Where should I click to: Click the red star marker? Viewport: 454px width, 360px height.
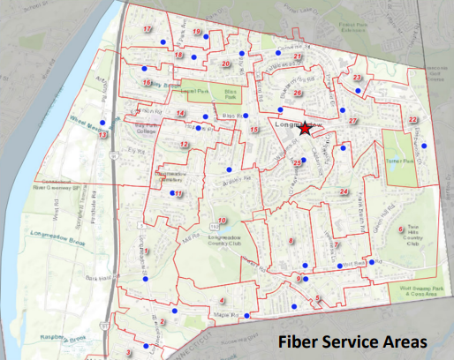point(305,129)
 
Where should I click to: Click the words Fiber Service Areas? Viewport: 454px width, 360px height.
point(352,341)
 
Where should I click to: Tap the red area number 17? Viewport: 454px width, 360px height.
point(148,29)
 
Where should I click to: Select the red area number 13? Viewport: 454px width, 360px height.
point(103,135)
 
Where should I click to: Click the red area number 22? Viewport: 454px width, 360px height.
point(412,120)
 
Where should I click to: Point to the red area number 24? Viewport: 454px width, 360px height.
point(344,191)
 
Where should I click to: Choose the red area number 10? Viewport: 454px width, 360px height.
point(223,221)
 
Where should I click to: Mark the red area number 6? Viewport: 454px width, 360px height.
point(401,229)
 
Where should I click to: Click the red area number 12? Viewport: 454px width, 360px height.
point(184,144)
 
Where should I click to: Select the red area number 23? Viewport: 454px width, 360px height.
point(357,78)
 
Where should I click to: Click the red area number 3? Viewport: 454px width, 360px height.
point(129,353)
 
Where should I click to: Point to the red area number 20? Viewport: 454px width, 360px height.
point(226,64)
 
